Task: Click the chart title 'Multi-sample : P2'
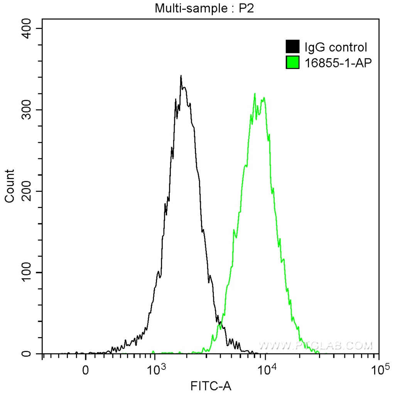coord(204,8)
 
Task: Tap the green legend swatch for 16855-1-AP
coord(293,62)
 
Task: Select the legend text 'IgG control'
coord(336,47)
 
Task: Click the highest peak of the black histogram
coord(181,76)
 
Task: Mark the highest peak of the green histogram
coord(255,94)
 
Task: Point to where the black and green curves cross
coord(219,324)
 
